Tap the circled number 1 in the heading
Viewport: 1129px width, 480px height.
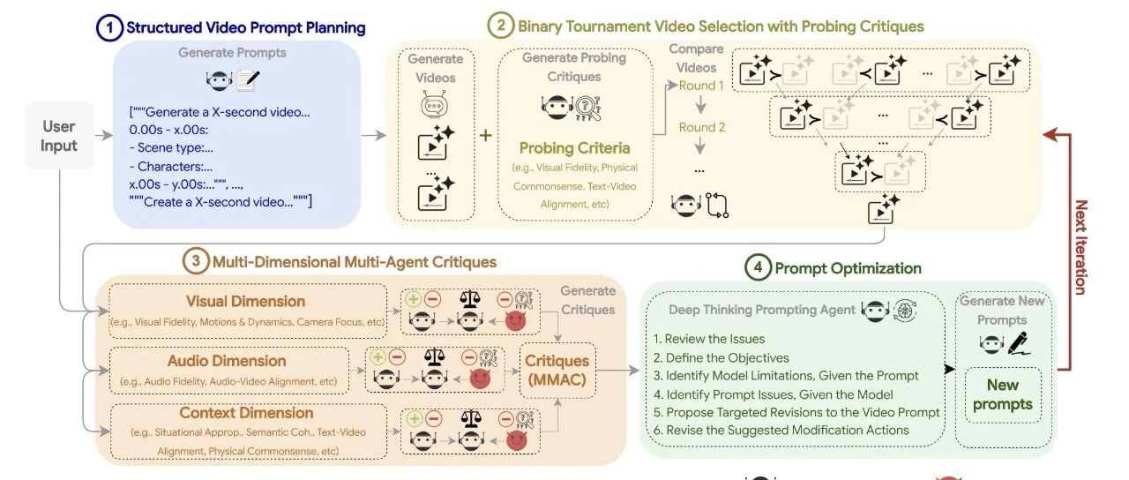tap(108, 27)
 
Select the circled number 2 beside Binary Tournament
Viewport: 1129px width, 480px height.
tap(501, 26)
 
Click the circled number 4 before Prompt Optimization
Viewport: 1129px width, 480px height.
tap(757, 267)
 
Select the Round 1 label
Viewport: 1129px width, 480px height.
tap(701, 86)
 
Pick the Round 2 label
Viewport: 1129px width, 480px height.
tap(701, 127)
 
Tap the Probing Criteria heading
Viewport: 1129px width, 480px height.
tap(574, 147)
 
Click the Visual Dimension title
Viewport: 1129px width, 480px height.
tap(245, 302)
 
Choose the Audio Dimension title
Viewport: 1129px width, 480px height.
tap(227, 361)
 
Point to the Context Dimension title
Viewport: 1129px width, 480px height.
tap(246, 413)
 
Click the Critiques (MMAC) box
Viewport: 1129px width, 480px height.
tap(557, 371)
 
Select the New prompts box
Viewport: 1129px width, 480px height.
tap(1002, 394)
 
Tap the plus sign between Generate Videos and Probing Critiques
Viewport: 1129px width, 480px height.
tap(486, 135)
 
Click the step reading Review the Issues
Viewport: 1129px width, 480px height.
tap(709, 339)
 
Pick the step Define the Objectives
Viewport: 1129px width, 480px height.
tap(721, 357)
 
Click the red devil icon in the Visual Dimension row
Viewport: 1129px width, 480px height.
tap(515, 320)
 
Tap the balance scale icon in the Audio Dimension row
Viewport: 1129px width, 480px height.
tap(433, 357)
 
